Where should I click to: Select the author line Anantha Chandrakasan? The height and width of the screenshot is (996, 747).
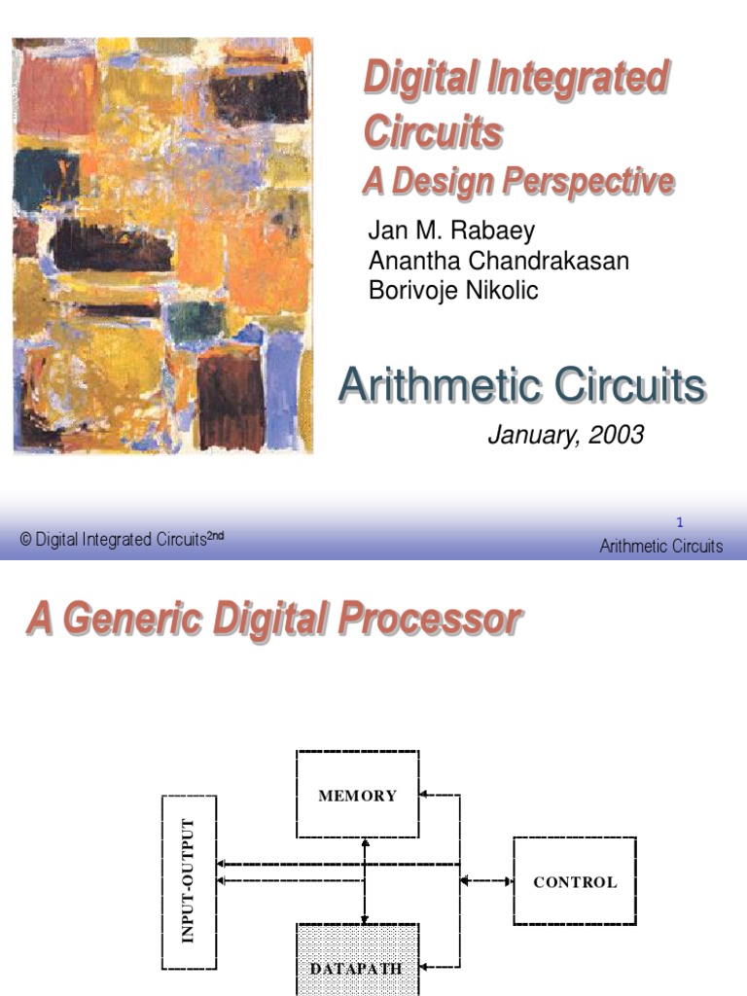pyautogui.click(x=498, y=261)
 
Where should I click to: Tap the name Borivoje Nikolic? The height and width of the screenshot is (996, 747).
pyautogui.click(x=452, y=291)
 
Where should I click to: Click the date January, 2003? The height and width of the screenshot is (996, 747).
pyautogui.click(x=565, y=435)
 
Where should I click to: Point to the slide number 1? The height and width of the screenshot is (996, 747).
pyautogui.click(x=680, y=522)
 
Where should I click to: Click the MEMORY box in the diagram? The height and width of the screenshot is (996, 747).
pyautogui.click(x=358, y=795)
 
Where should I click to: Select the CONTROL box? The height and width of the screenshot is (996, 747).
pyautogui.click(x=574, y=882)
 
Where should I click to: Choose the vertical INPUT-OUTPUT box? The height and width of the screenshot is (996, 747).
pyautogui.click(x=189, y=881)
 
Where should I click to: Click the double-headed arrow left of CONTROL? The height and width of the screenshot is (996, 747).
pyautogui.click(x=486, y=881)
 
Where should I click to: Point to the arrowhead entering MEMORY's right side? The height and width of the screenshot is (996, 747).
pyautogui.click(x=426, y=795)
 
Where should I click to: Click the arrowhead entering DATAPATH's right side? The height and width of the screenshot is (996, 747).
pyautogui.click(x=426, y=967)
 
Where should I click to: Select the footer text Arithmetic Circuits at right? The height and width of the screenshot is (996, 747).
pyautogui.click(x=661, y=546)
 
